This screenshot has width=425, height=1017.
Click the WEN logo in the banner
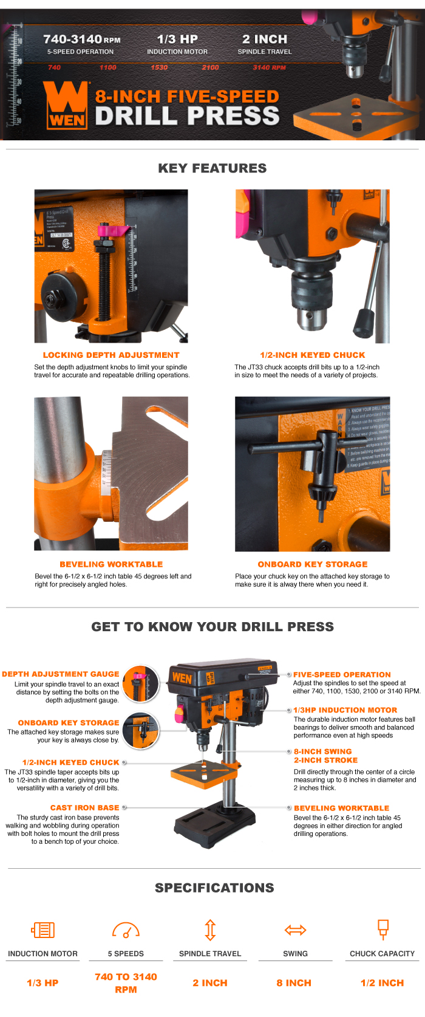[x=66, y=104]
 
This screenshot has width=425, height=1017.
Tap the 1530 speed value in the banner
[x=159, y=67]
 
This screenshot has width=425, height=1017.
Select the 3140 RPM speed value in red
[x=269, y=67]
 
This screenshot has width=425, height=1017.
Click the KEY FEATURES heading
[x=212, y=168]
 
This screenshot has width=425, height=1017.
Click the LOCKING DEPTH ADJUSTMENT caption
[x=111, y=355]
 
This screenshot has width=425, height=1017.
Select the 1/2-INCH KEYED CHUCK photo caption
[x=313, y=355]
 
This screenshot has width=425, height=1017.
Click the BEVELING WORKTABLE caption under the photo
[x=111, y=564]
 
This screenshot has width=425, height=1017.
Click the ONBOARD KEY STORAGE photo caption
[x=313, y=564]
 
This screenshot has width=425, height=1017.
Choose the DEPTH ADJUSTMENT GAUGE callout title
[x=61, y=674]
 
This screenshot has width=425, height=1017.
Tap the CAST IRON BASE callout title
[x=84, y=807]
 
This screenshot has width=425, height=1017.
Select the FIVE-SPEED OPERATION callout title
[x=342, y=674]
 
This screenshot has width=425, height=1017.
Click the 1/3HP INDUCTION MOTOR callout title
[x=345, y=710]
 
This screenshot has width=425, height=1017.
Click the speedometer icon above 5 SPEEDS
[x=126, y=930]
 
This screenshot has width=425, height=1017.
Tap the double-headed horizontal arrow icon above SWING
[x=296, y=930]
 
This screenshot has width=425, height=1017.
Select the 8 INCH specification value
[x=294, y=982]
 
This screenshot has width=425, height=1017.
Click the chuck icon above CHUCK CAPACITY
[x=382, y=929]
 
